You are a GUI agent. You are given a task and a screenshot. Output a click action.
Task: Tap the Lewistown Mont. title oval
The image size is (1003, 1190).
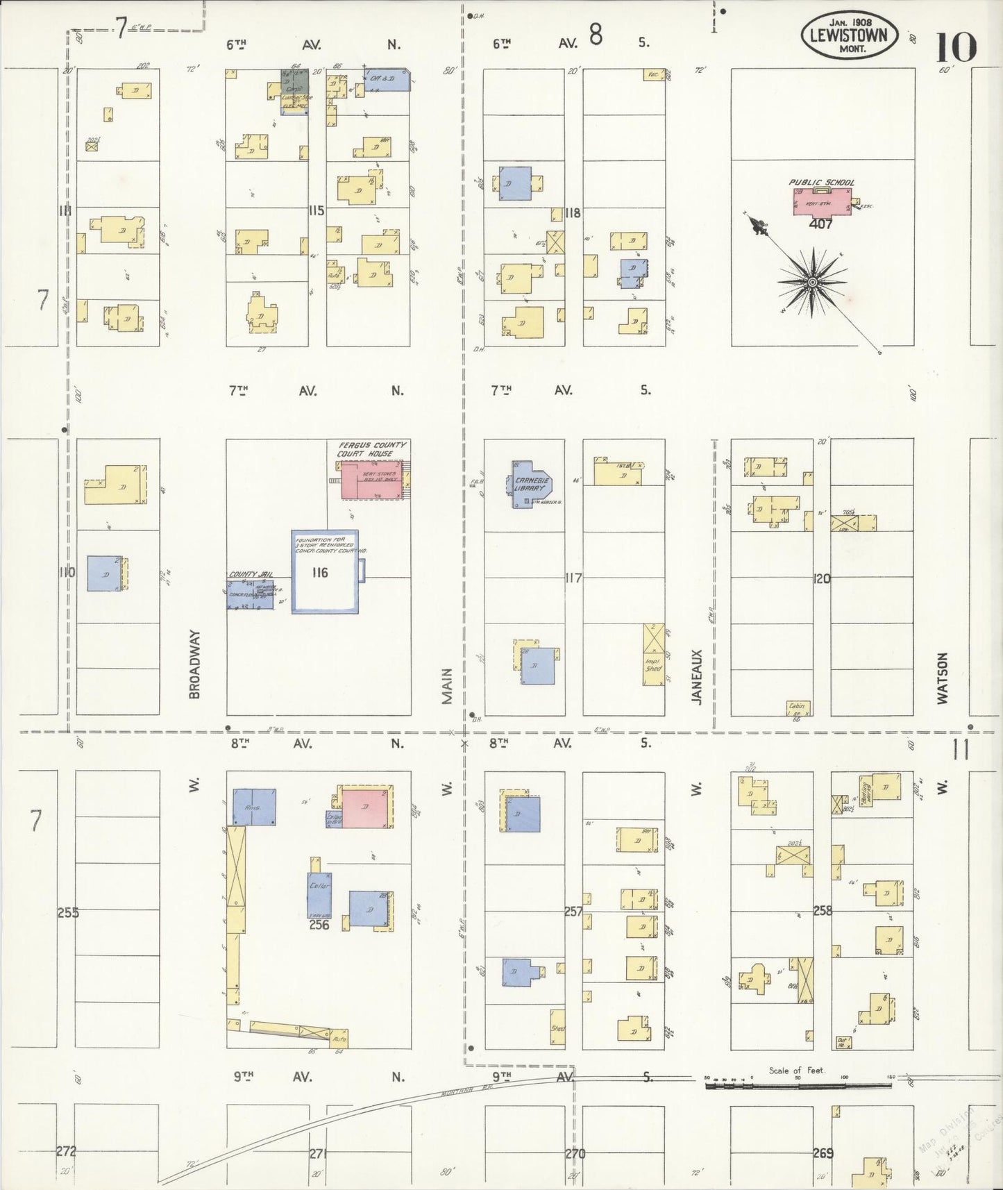(850, 34)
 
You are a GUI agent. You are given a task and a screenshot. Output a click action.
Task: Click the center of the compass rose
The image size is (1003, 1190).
(811, 282)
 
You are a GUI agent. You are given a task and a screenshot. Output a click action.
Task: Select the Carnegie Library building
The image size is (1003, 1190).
(531, 484)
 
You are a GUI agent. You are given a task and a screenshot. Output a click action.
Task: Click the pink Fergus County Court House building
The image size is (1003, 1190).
(371, 479)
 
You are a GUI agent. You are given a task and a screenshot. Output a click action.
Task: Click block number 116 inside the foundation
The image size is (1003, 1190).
(320, 572)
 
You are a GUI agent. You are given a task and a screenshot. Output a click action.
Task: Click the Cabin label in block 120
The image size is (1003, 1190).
(797, 706)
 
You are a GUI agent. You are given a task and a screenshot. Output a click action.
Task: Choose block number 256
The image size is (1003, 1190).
(319, 925)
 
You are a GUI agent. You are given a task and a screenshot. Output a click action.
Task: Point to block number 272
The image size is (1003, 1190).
(66, 1152)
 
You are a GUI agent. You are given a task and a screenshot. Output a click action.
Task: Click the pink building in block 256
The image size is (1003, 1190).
(364, 807)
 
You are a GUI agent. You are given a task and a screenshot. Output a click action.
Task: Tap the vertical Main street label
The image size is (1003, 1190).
(447, 686)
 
